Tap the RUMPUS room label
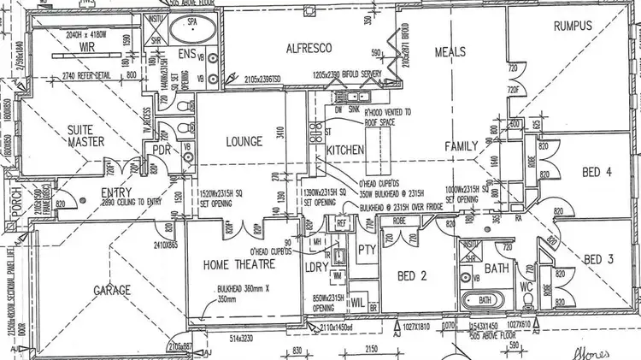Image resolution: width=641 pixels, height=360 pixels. pos(573,27)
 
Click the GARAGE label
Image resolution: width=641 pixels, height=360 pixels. pos(111,290)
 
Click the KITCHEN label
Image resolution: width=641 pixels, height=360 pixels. pos(345,149)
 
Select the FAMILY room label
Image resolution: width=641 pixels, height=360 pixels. pos(460,147)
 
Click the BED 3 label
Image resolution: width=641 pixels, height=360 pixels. pos(599,259)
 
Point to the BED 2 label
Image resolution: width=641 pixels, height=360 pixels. pos(411,275)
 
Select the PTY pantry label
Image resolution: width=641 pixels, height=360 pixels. pos(368,250)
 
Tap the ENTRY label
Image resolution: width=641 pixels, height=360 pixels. pos(116,192)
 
